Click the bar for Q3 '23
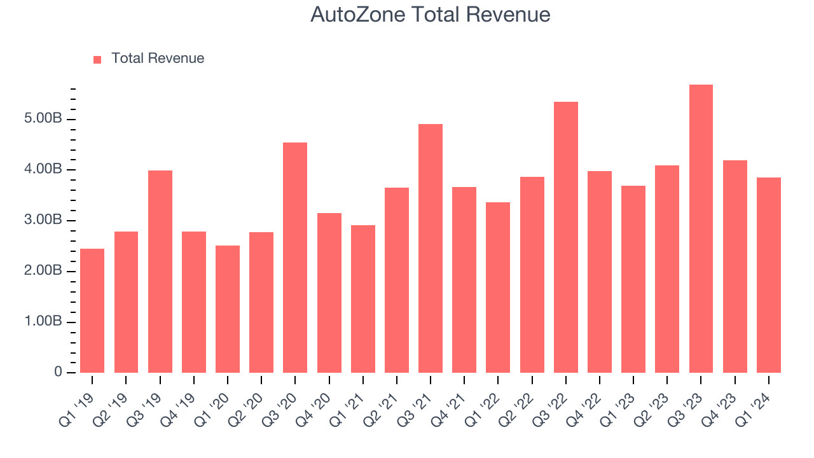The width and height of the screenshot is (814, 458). tap(701, 229)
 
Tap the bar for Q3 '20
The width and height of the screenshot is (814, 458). tap(295, 258)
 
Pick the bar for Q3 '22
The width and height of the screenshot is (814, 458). tap(566, 237)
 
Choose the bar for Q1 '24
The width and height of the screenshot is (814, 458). tap(769, 275)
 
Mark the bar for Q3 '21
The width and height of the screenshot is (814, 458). tap(431, 248)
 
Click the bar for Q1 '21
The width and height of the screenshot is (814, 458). tap(362, 299)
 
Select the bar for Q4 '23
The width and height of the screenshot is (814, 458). tap(735, 267)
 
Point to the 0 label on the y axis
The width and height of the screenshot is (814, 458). tap(58, 372)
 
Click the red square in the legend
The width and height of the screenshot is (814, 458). tap(97, 59)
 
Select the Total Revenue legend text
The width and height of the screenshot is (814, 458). tap(158, 59)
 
